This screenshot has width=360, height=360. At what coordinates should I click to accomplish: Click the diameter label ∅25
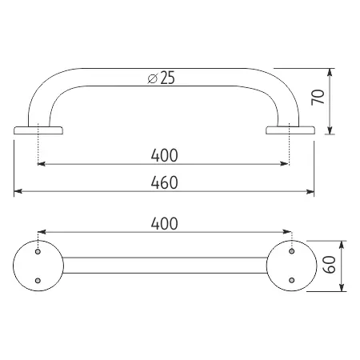click(162, 78)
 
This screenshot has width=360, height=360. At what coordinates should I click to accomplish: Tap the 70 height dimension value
click(318, 98)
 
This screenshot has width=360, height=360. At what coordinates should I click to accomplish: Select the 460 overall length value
click(164, 182)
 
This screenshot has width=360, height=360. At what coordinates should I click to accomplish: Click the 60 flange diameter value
click(330, 265)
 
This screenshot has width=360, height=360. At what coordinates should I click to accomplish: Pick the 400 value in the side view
click(164, 155)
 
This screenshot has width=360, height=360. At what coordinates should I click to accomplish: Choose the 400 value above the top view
click(164, 224)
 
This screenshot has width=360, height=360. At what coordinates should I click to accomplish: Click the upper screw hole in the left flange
click(38, 251)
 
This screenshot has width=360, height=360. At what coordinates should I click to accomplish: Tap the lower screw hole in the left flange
click(38, 280)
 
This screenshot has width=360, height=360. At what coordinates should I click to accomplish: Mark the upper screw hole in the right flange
click(292, 251)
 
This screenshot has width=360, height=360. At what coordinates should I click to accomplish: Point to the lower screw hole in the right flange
click(292, 280)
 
